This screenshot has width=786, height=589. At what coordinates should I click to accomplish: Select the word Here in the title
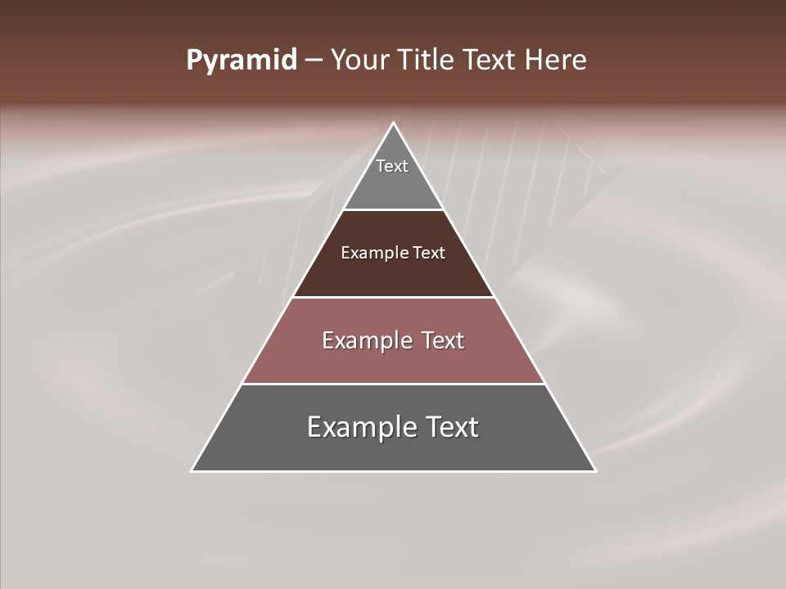556,61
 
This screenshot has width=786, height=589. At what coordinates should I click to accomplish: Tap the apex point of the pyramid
393,124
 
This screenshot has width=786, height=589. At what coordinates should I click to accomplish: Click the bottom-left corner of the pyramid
192,470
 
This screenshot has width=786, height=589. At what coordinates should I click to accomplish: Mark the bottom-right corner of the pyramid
594,470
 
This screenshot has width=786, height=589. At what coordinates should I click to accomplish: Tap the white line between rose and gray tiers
393,384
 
